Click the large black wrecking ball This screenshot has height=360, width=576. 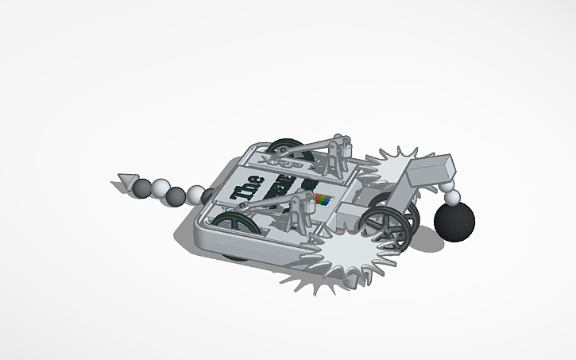click(455, 219)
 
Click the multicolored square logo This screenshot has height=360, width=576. click(322, 199)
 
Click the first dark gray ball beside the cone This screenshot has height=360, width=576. click(141, 188)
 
